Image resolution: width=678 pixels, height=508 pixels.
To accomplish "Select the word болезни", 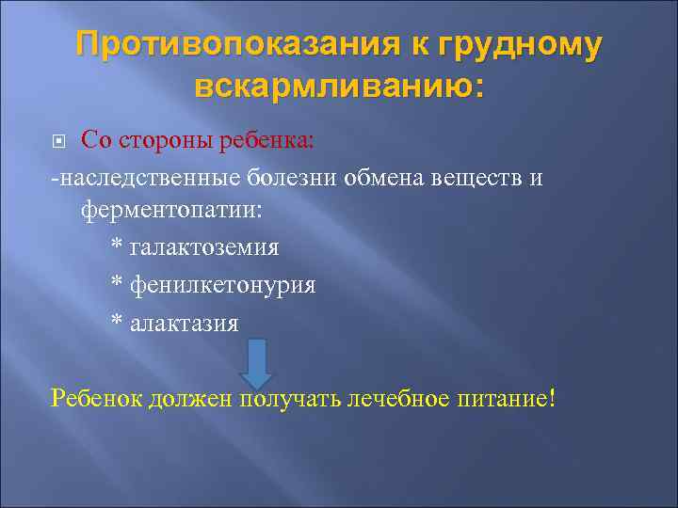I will click(295, 177).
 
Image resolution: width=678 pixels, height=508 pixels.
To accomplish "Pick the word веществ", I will click(477, 177).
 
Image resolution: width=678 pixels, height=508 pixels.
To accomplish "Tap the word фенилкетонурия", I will click(221, 283).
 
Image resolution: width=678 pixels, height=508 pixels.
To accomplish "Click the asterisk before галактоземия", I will click(117, 247).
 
